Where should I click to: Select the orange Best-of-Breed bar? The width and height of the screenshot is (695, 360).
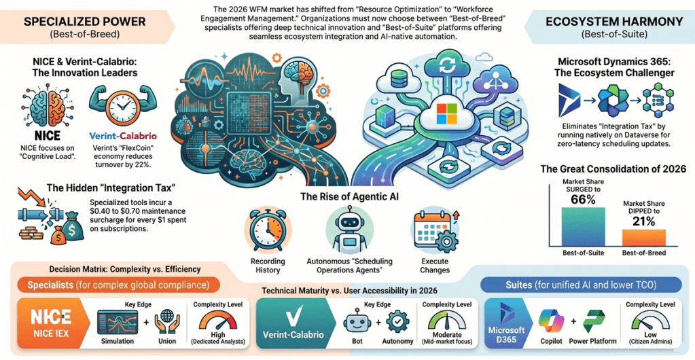pyautogui.click(x=643, y=238)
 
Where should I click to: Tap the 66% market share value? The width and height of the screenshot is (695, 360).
pyautogui.click(x=583, y=200)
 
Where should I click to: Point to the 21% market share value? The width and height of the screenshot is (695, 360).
pyautogui.click(x=643, y=221)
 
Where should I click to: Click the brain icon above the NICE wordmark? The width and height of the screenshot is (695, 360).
pyautogui.click(x=47, y=107)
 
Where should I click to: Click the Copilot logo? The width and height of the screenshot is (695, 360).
pyautogui.click(x=551, y=322)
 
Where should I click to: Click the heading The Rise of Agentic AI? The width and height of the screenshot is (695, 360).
pyautogui.click(x=349, y=196)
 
